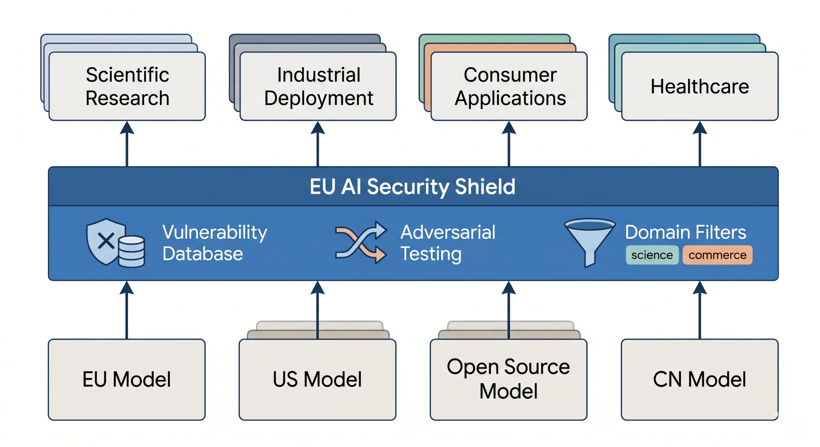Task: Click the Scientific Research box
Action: (127, 86)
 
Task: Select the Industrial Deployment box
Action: (318, 86)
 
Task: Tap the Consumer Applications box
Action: (509, 86)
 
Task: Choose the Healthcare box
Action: (700, 86)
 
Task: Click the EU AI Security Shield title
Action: (413, 186)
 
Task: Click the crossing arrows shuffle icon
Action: (361, 242)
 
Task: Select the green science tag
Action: (652, 255)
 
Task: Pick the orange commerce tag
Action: (717, 255)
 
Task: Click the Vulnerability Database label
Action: (215, 243)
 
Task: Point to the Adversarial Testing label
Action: (447, 243)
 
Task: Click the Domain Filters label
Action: (685, 232)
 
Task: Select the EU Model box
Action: (127, 379)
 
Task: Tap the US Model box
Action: (317, 379)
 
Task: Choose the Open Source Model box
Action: (509, 379)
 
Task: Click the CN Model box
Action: (700, 379)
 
